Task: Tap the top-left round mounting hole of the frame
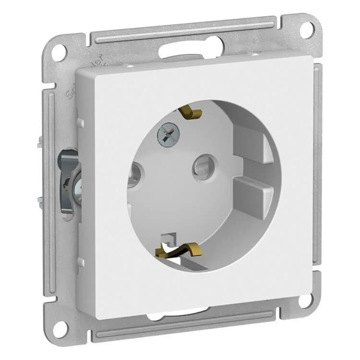59,52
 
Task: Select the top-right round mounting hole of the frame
307,29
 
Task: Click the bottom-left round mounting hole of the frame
60,329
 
